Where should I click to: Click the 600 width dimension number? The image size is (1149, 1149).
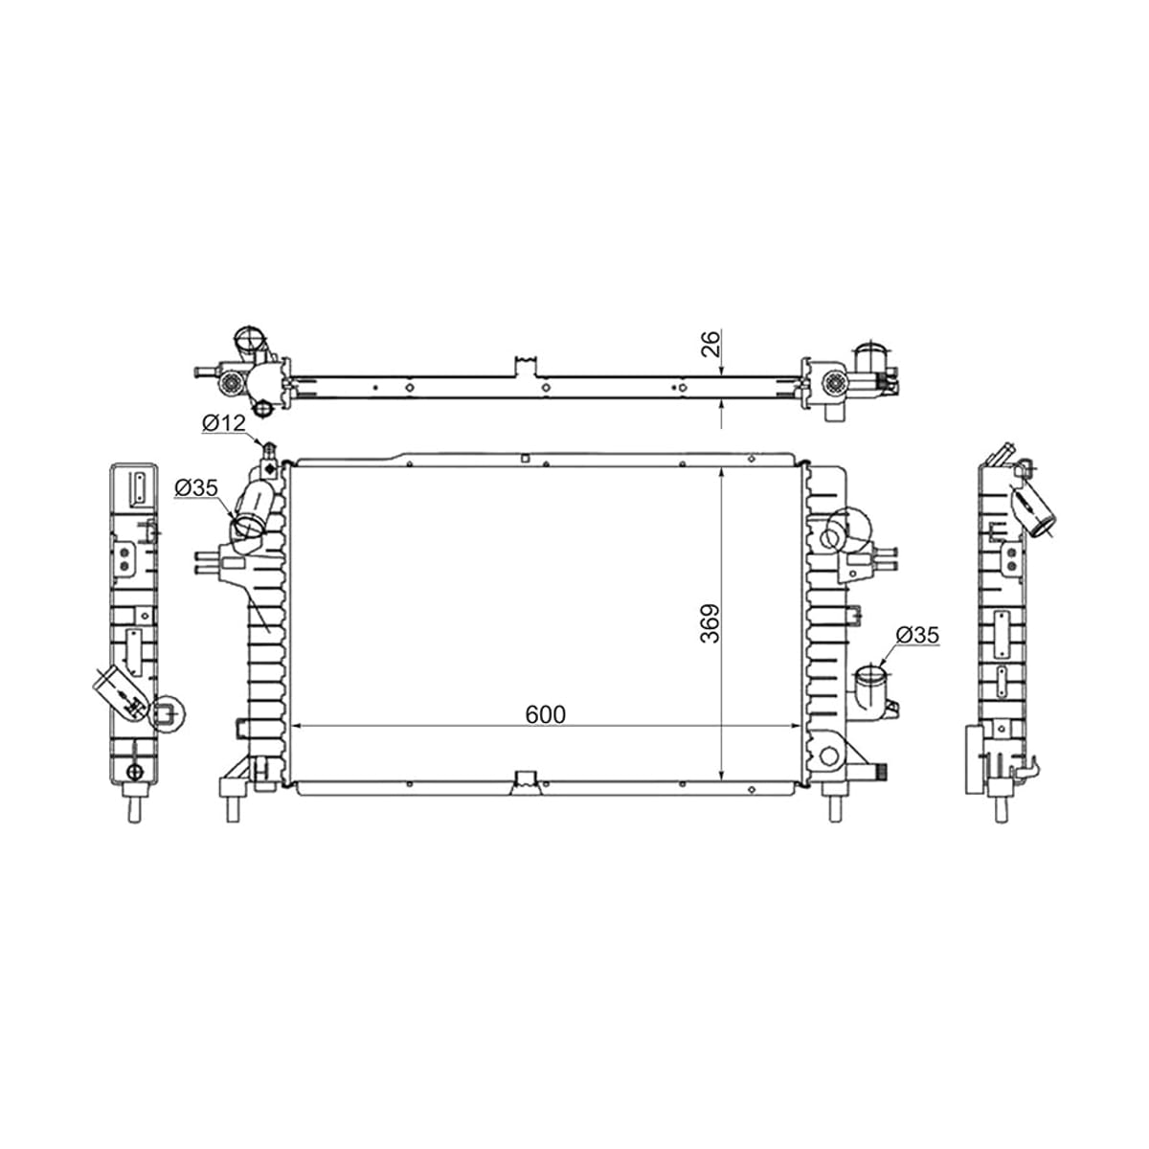[545, 714]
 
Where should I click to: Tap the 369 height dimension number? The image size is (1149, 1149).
[710, 623]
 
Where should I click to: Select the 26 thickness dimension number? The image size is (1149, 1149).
[710, 344]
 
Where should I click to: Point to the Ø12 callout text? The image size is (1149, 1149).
[224, 423]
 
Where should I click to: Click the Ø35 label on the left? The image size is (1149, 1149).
[196, 487]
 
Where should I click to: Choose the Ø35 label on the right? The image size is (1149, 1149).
[917, 635]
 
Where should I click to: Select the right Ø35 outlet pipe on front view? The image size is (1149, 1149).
[871, 687]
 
